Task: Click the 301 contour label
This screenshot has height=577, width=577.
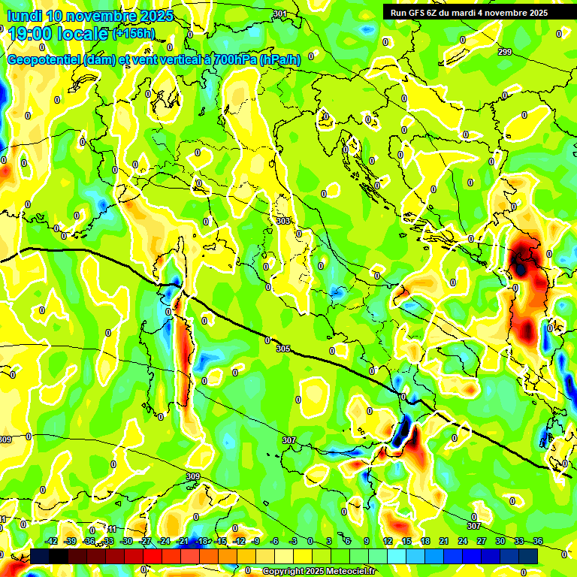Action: [280, 14]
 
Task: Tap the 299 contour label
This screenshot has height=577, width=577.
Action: [504, 52]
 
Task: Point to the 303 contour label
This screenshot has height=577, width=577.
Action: [283, 222]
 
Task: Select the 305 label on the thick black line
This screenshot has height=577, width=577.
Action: [283, 349]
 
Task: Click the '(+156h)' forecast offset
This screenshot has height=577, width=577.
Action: [134, 33]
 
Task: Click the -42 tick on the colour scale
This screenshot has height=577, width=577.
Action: [52, 541]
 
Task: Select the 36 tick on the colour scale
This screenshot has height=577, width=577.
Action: [538, 541]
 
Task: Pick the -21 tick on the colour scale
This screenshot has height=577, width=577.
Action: [182, 541]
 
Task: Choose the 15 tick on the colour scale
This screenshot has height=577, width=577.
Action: [406, 541]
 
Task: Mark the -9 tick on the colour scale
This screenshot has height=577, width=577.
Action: [256, 541]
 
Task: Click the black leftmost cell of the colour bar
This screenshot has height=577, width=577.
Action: [40, 556]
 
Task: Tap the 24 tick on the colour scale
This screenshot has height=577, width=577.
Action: [463, 541]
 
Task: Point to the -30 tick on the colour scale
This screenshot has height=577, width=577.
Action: [126, 541]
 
